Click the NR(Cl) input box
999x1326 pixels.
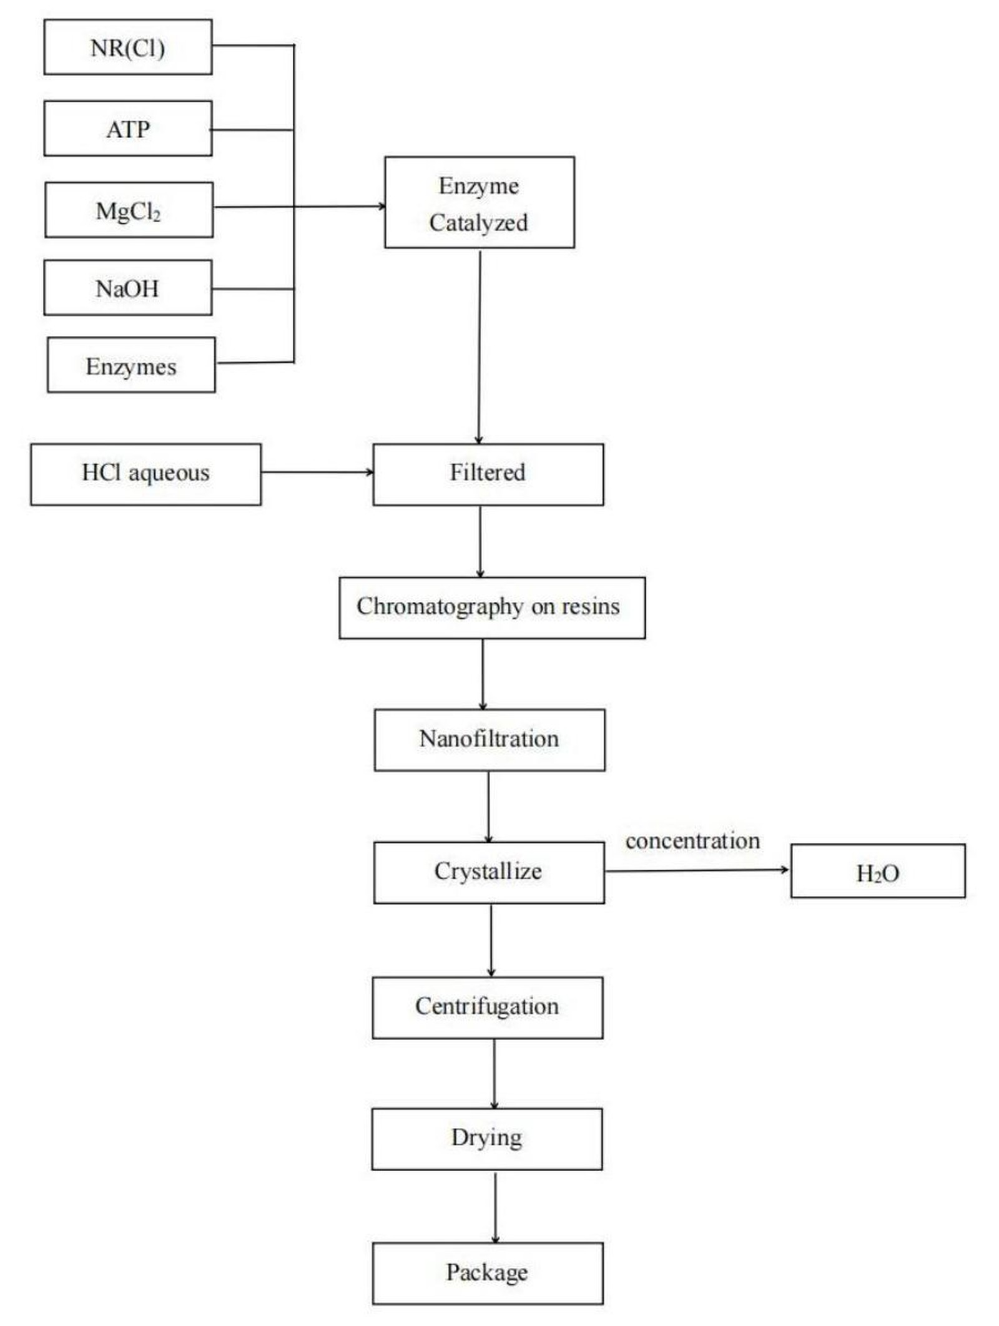coord(127,47)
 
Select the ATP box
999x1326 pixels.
coord(127,129)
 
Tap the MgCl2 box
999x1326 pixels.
coord(129,210)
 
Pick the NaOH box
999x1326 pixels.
coord(127,288)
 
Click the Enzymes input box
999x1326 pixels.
coord(131,366)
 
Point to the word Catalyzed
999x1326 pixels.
coord(478,223)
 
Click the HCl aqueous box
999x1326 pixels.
coord(145,473)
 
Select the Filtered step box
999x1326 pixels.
coord(488,473)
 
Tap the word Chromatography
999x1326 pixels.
coord(440,606)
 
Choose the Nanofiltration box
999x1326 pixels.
coord(489,739)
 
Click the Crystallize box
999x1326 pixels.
coord(488,872)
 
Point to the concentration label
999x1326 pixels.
coord(692,840)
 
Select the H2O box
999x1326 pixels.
coord(877,872)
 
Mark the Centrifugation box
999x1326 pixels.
coord(487,1006)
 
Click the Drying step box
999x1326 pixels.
coord(486,1137)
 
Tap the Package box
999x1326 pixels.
coord(487,1272)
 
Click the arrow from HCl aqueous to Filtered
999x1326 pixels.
coord(317,472)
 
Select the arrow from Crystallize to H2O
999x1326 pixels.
coord(696,870)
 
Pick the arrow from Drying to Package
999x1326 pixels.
coord(495,1206)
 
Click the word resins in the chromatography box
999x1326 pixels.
coord(590,606)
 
